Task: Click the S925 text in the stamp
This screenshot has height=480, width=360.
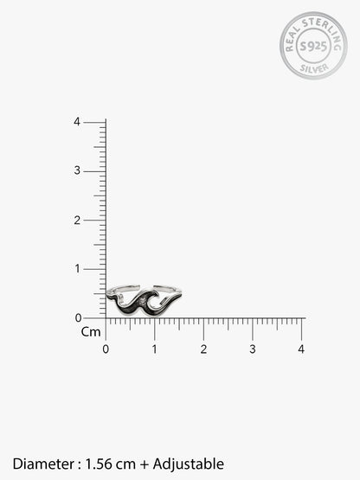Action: click(313, 46)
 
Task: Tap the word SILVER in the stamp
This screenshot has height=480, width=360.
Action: click(314, 68)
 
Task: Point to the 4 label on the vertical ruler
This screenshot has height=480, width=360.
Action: click(77, 122)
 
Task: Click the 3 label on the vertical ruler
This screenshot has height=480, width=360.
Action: click(77, 170)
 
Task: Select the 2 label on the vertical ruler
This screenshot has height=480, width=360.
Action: click(77, 220)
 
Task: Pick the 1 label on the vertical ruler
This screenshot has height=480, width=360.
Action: click(77, 269)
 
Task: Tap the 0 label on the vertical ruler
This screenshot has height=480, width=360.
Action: click(78, 318)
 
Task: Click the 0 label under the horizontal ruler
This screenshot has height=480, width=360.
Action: click(106, 349)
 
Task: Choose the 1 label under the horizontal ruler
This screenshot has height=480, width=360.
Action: click(154, 349)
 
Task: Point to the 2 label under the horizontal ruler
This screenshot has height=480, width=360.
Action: click(203, 349)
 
